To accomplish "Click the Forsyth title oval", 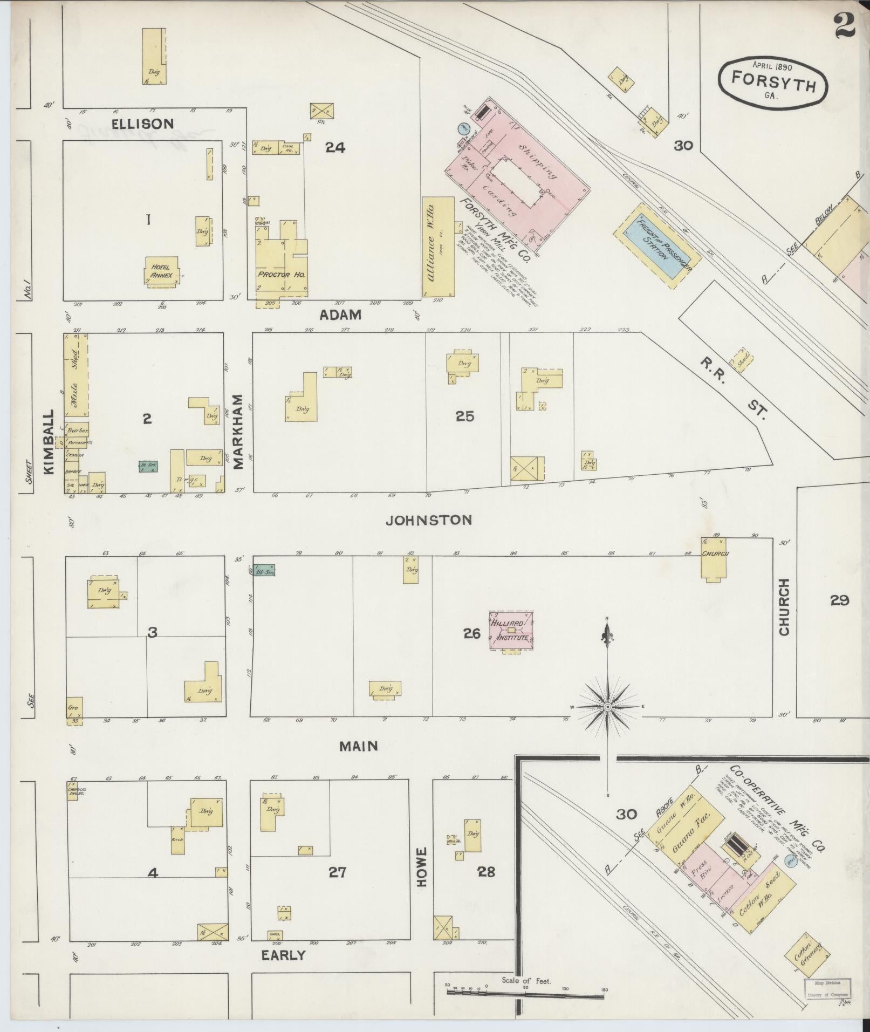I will coord(772,81).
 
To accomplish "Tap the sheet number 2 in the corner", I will coord(845,26).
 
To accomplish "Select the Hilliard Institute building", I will coord(511,630).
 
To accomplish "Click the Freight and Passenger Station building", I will coord(656,246).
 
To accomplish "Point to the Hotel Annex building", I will coord(161,271).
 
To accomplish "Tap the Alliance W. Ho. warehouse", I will coord(438,247).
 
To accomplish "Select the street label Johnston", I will coord(429,520).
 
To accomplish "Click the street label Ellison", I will coord(142,124).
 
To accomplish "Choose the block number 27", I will coord(337,872).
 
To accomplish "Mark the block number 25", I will coord(464,416).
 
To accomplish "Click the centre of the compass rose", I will coord(607,707).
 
